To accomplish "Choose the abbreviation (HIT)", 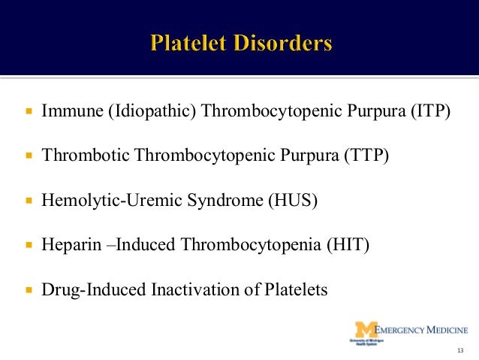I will [x=351, y=245].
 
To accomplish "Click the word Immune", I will [x=72, y=112].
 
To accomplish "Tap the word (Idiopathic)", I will [x=152, y=112].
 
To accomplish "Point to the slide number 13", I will [x=460, y=351].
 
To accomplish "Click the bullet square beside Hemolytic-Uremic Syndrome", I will [x=29, y=201].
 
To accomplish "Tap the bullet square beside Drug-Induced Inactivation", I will [x=29, y=290].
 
